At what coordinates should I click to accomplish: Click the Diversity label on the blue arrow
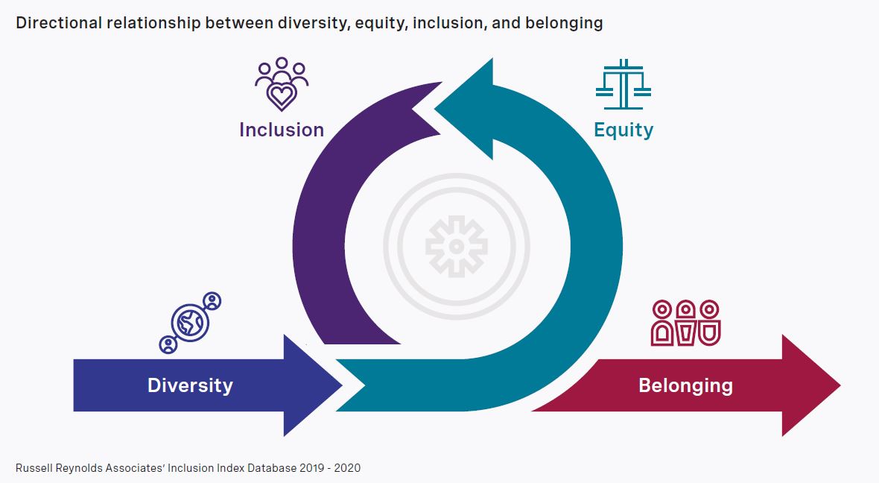coord(190,385)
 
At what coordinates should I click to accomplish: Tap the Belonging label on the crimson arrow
coord(685,385)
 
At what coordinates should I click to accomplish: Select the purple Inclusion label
coord(282,130)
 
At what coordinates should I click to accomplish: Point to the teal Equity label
coord(623,130)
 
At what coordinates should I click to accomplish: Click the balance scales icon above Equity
coord(623,84)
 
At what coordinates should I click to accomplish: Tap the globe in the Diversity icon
coord(190,323)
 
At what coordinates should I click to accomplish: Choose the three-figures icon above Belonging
coord(685,323)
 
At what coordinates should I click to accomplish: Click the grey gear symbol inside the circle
coord(457,246)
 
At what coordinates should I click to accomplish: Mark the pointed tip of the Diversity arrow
coord(341,385)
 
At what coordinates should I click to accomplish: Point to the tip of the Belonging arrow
coord(840,385)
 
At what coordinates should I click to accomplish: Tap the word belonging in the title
coord(564,24)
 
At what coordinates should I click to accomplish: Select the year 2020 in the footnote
coord(347,468)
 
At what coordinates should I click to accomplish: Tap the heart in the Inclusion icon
coord(282,96)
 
